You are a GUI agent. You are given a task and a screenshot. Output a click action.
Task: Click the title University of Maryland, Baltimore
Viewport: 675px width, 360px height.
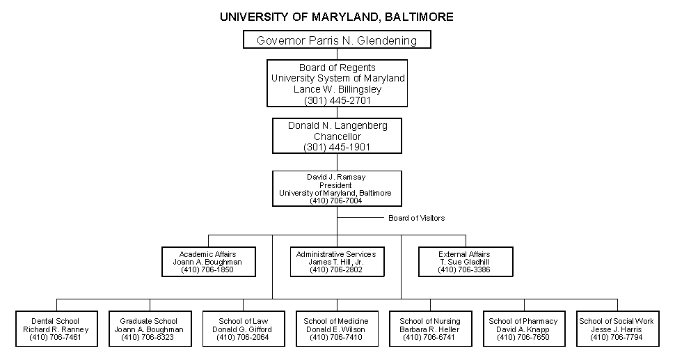click(337, 16)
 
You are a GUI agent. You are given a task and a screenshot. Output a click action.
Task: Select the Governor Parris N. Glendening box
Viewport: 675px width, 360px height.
click(337, 40)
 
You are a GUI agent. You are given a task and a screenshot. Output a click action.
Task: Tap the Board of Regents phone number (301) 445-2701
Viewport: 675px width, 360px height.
click(337, 100)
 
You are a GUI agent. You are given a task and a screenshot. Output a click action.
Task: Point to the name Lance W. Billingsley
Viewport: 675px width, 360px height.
click(337, 89)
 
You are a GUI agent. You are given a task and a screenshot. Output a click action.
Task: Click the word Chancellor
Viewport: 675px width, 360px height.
click(337, 136)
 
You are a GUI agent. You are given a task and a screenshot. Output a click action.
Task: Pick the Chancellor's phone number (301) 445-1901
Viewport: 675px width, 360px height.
click(337, 148)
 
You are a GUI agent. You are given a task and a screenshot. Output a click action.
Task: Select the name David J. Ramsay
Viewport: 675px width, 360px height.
click(337, 178)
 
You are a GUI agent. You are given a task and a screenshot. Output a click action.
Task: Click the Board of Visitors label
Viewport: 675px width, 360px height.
click(416, 218)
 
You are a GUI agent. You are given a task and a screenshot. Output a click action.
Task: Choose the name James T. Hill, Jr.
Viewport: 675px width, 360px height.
click(336, 262)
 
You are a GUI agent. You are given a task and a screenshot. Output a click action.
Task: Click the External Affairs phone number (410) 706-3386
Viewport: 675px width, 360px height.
click(464, 269)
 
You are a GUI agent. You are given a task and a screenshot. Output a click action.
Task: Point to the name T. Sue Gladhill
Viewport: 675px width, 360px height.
click(464, 262)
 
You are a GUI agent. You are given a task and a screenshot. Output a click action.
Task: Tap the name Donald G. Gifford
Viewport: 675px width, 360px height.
click(243, 329)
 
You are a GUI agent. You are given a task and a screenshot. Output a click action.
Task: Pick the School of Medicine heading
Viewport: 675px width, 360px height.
click(336, 321)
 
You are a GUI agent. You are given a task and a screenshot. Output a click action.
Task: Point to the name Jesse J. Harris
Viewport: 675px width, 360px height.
click(617, 329)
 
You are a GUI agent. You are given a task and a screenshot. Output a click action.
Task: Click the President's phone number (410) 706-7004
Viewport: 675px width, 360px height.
click(337, 201)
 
